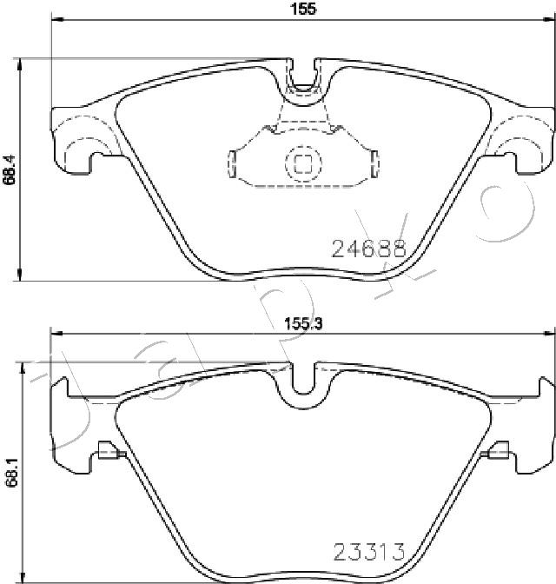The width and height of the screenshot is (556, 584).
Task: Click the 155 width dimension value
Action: (304, 8)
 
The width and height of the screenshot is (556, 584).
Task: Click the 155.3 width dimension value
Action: (303, 323)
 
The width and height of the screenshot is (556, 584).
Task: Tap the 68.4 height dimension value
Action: (10, 169)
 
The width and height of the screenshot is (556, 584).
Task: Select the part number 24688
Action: (368, 249)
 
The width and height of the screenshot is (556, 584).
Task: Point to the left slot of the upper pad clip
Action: (232, 164)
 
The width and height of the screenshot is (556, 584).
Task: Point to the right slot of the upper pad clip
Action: (375, 164)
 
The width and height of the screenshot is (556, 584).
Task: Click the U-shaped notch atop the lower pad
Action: (303, 379)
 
